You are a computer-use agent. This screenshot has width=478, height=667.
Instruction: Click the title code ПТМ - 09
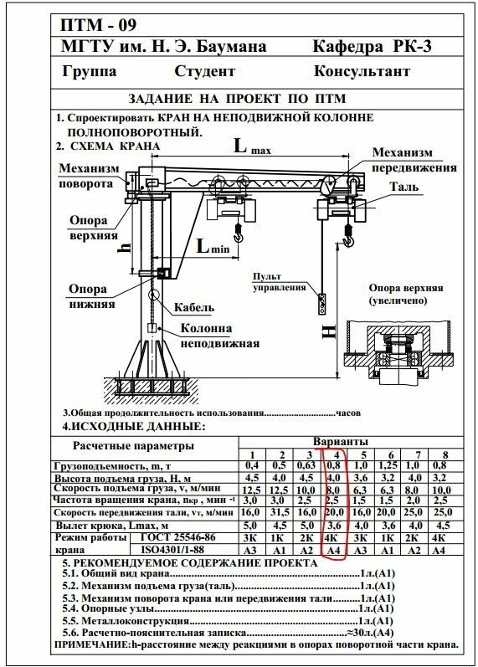click(x=98, y=25)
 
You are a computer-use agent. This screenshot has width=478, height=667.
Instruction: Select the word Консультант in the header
click(x=362, y=71)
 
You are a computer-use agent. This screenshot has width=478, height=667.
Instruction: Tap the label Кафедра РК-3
click(x=372, y=46)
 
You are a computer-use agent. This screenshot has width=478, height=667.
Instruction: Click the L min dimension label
click(x=213, y=246)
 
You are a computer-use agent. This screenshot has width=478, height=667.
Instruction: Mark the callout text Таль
click(x=404, y=187)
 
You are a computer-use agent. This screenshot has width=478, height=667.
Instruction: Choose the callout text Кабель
click(x=194, y=306)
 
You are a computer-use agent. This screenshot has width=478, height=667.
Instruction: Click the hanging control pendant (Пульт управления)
click(x=322, y=304)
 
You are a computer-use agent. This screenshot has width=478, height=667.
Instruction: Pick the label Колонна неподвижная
click(x=219, y=336)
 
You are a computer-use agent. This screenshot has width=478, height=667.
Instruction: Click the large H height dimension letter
click(x=329, y=331)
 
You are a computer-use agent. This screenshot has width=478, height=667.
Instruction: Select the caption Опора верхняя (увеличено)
click(x=406, y=294)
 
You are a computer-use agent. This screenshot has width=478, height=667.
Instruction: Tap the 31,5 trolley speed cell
click(x=280, y=512)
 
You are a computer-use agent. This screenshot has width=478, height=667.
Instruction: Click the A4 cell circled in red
click(x=334, y=550)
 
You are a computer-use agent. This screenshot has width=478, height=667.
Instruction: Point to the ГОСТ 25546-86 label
click(x=178, y=537)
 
